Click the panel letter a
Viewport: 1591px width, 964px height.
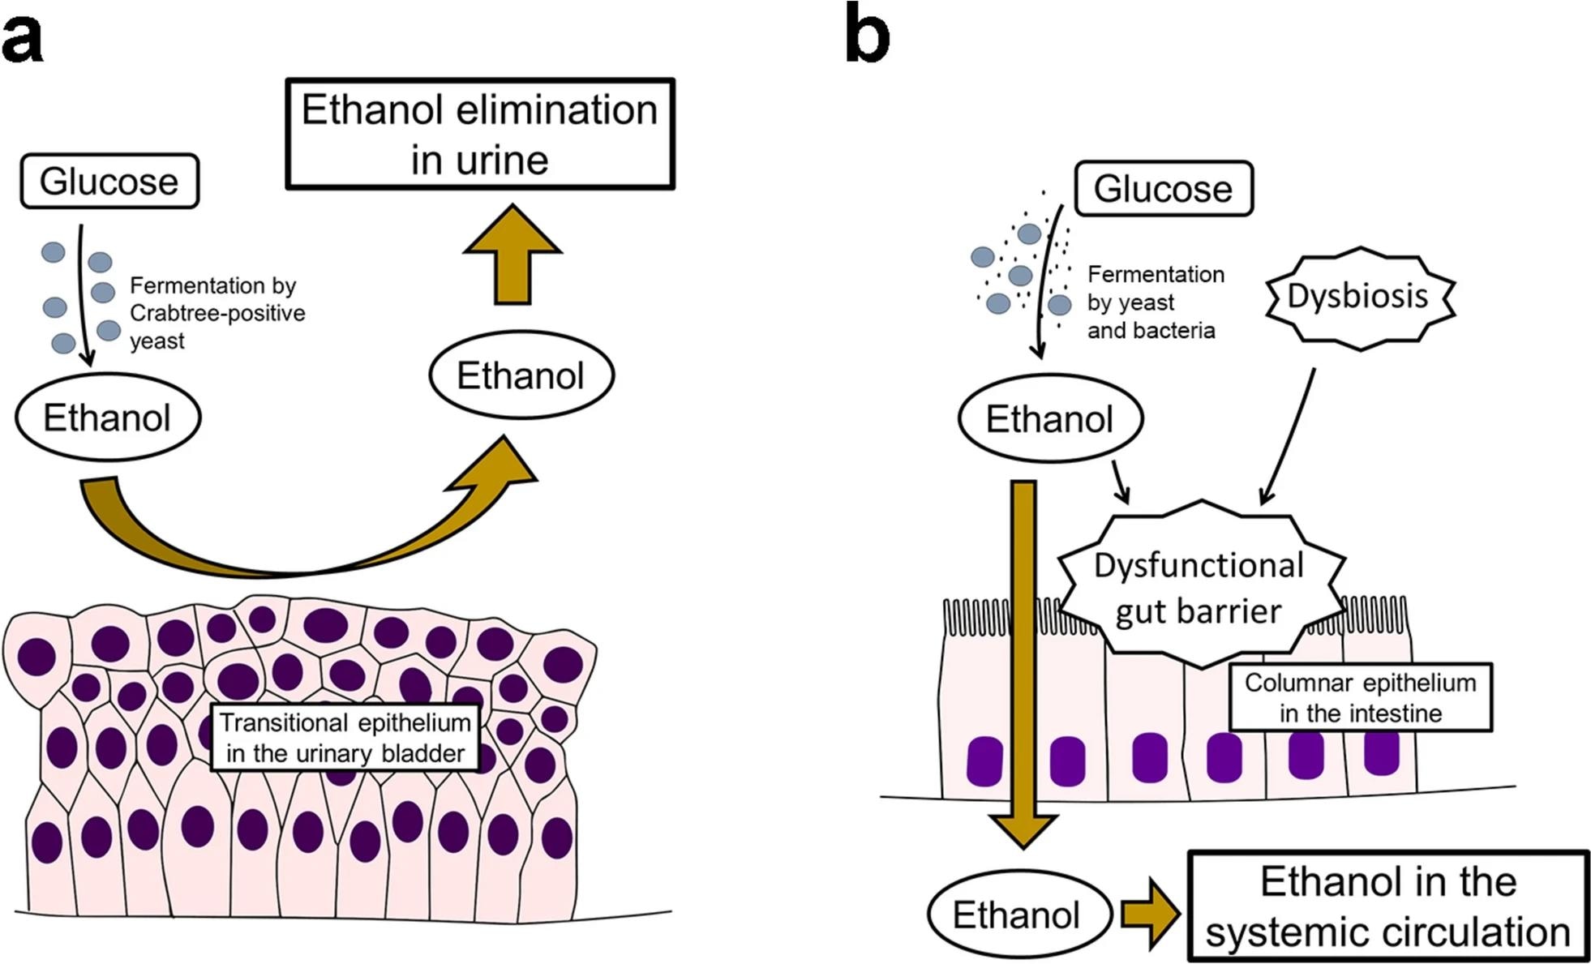[22, 37]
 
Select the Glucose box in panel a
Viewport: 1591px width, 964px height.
[109, 181]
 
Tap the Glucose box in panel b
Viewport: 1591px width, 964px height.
[1163, 189]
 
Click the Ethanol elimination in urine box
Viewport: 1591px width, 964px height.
[480, 135]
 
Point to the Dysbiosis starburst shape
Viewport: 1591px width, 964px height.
[1360, 297]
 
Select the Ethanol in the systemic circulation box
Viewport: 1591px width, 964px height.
[1387, 906]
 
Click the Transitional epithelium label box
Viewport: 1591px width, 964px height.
[345, 737]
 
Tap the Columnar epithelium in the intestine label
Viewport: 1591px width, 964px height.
[1360, 697]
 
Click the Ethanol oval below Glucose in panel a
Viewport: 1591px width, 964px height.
[108, 418]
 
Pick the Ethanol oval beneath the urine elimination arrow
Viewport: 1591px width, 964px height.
[521, 375]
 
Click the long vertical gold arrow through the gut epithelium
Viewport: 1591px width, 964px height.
[1024, 649]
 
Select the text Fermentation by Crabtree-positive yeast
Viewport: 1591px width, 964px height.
[217, 313]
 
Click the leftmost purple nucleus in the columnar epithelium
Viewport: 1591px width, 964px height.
[984, 760]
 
